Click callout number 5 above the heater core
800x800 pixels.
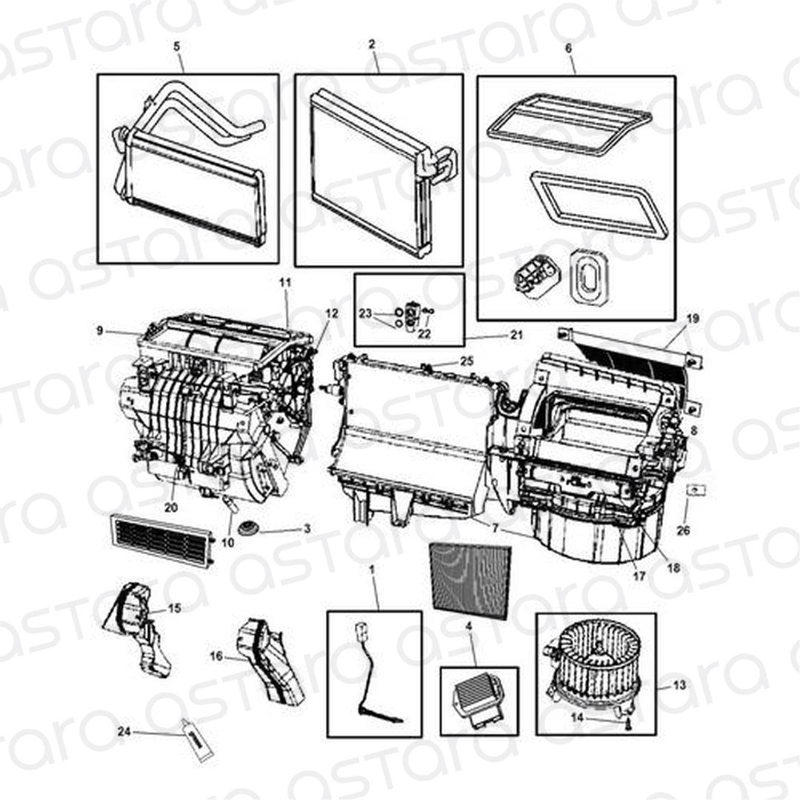pyautogui.click(x=176, y=47)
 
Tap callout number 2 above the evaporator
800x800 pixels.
pyautogui.click(x=372, y=44)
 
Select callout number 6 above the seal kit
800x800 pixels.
pyautogui.click(x=568, y=48)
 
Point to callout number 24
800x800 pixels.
pyautogui.click(x=124, y=731)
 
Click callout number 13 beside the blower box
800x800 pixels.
pyautogui.click(x=679, y=685)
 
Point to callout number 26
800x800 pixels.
pyautogui.click(x=683, y=530)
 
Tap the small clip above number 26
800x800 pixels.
pyautogui.click(x=696, y=490)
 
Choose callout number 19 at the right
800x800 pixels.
pyautogui.click(x=693, y=319)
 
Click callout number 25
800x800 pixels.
pyautogui.click(x=467, y=361)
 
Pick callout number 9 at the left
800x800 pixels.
pyautogui.click(x=100, y=330)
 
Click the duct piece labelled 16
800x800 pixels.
pyautogui.click(x=270, y=660)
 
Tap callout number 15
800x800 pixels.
pyautogui.click(x=175, y=608)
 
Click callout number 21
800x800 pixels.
pyautogui.click(x=516, y=336)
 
